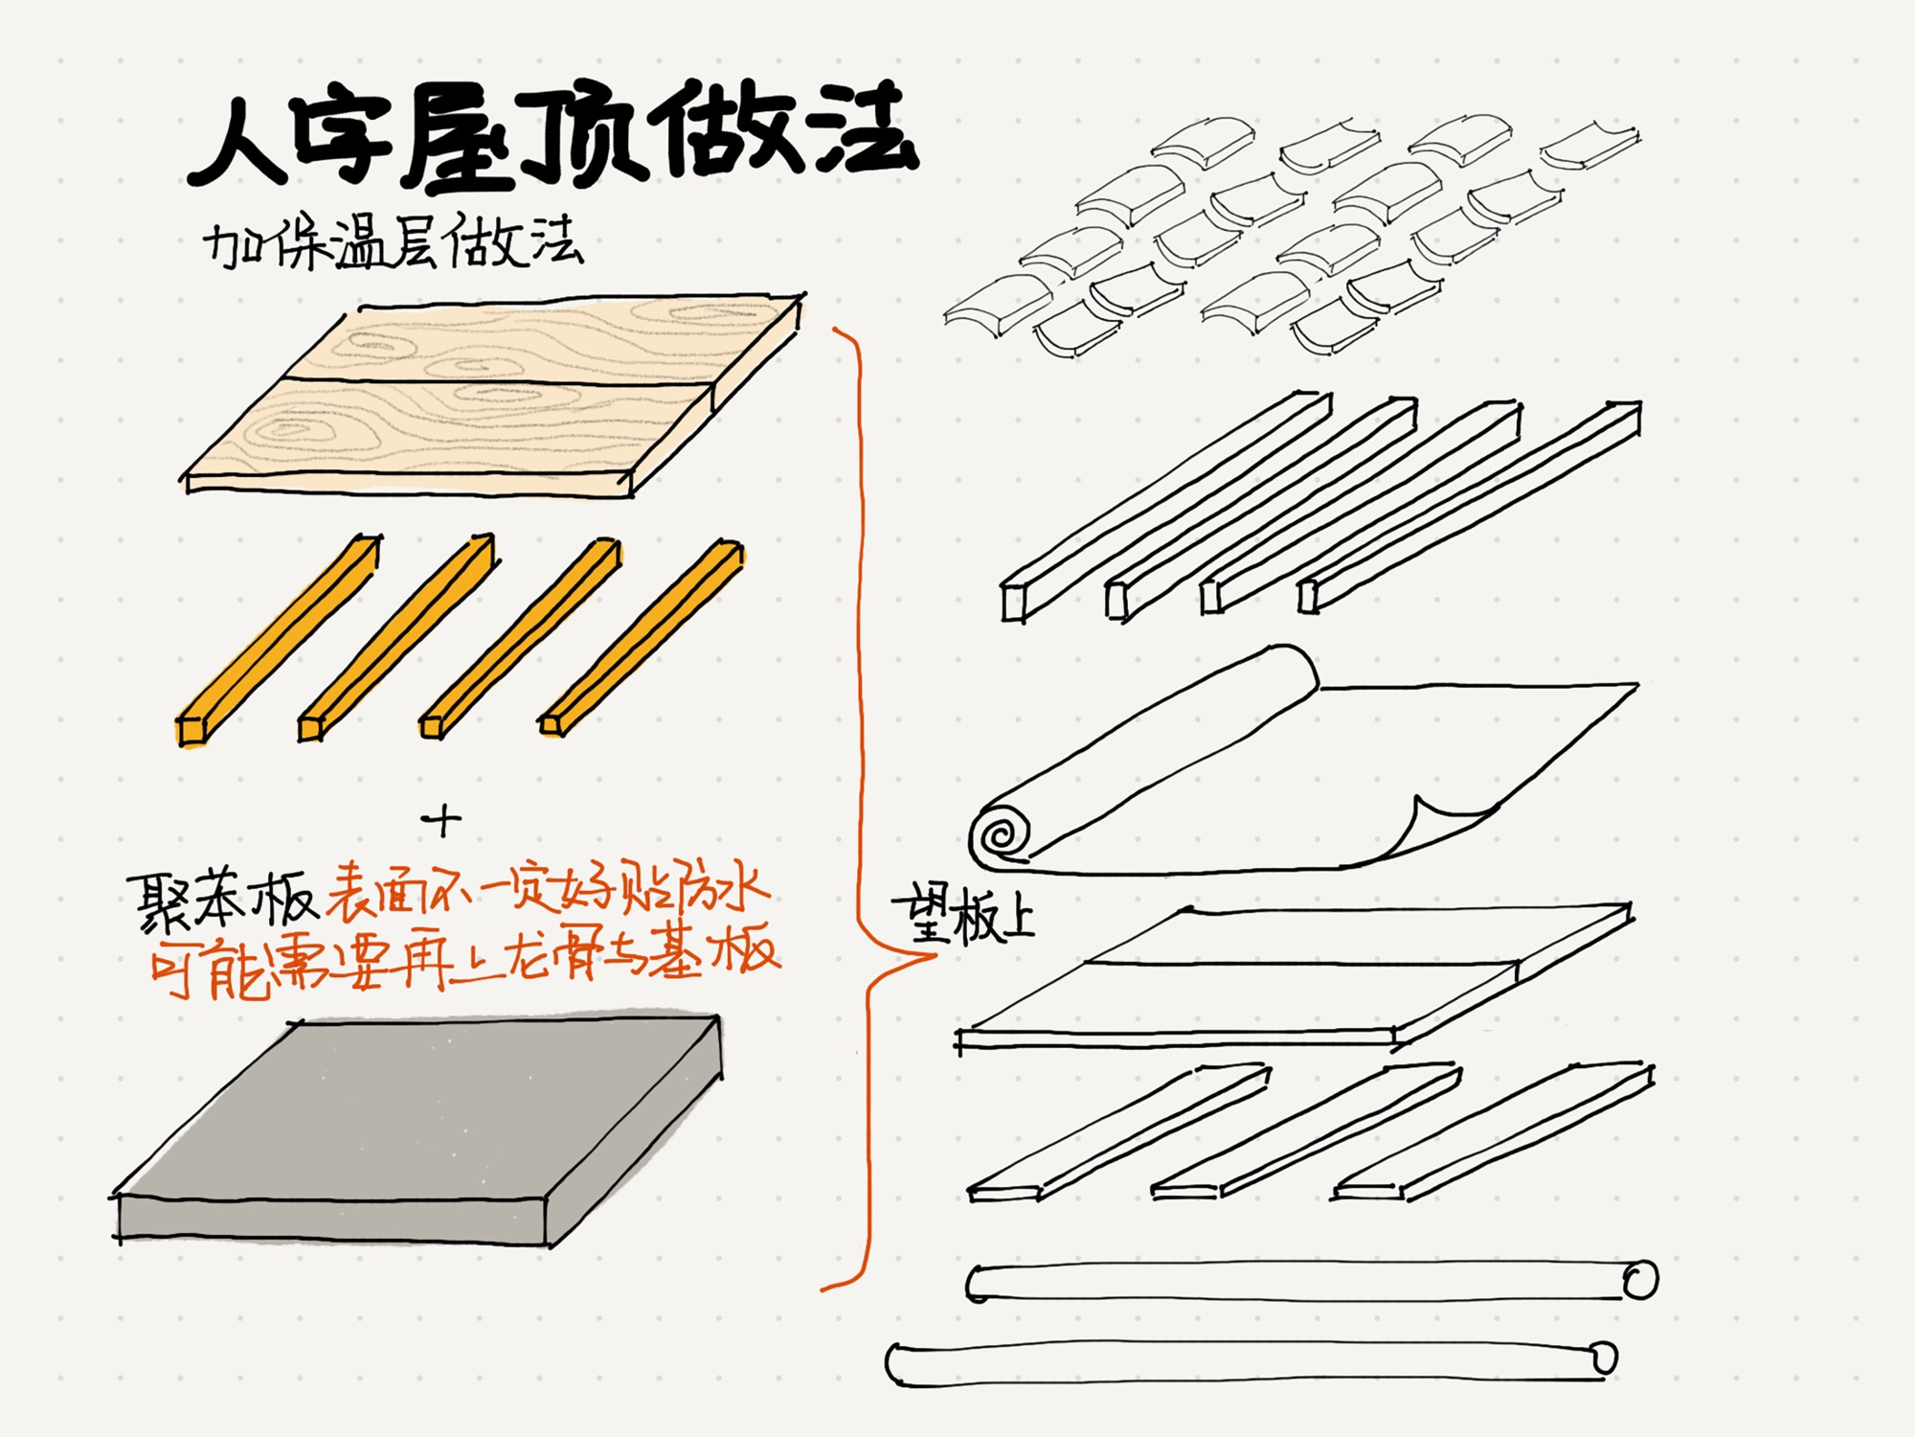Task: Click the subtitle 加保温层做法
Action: tap(393, 244)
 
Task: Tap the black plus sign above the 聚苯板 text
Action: tap(441, 819)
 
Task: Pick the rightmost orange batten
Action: tap(642, 637)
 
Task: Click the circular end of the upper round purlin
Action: tap(1639, 1280)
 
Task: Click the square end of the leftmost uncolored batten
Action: tap(1013, 603)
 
